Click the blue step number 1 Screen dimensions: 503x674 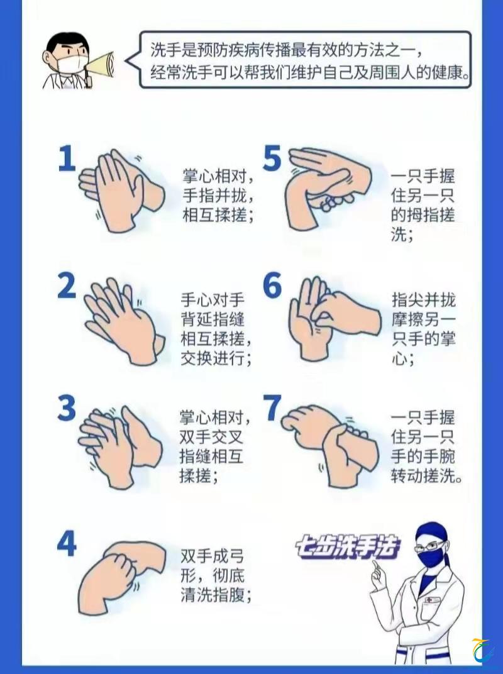pyautogui.click(x=67, y=159)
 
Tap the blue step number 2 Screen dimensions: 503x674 pyautogui.click(x=67, y=286)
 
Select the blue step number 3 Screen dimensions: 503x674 pyautogui.click(x=67, y=408)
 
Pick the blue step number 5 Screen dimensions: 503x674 pyautogui.click(x=272, y=157)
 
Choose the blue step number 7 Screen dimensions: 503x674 pyautogui.click(x=273, y=407)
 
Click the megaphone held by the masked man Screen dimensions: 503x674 pyautogui.click(x=101, y=65)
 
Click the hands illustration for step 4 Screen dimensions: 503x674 pyautogui.click(x=122, y=576)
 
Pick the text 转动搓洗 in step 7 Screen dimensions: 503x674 pyautogui.click(x=423, y=476)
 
